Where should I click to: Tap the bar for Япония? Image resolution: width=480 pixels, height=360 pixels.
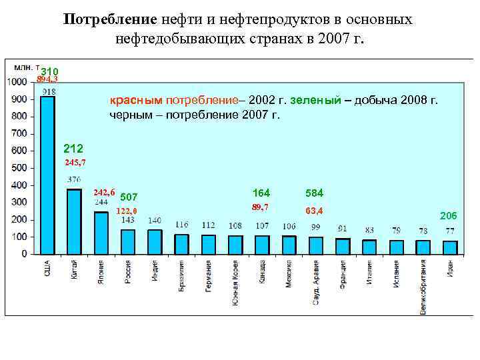pos(101,233)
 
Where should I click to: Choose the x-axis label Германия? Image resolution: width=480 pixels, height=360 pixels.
pos(208,275)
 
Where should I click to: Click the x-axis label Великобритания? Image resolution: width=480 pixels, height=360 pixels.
pos(423,287)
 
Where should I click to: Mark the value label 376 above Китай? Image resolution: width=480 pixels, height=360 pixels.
pos(75,179)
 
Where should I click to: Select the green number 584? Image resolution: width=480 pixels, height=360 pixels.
pos(314,193)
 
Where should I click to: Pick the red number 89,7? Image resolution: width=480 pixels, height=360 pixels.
pos(260,207)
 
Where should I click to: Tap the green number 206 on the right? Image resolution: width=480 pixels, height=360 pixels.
pos(449,215)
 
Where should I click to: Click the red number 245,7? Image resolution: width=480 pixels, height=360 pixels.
pos(75,163)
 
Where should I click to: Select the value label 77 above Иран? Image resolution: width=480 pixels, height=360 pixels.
pos(450,231)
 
